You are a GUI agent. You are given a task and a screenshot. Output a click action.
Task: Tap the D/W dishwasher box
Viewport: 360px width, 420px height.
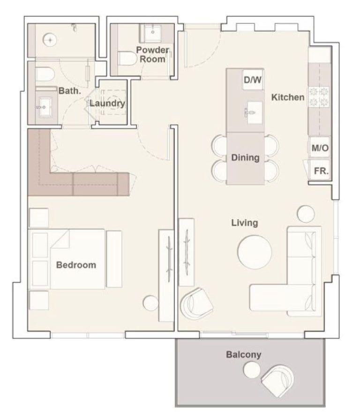coord(252,80)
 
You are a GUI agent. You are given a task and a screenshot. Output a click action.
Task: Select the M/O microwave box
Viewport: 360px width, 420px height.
coord(320,148)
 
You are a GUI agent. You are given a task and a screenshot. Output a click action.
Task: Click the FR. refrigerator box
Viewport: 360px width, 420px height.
coord(321,171)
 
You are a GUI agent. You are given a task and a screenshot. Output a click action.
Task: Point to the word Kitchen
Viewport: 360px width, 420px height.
coord(288,97)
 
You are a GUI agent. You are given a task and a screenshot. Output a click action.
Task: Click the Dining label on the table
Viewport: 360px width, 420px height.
coord(245,158)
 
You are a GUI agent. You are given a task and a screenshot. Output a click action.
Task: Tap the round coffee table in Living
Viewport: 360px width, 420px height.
coord(255,252)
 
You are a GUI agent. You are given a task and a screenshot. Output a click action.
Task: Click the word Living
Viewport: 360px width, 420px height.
coord(245,223)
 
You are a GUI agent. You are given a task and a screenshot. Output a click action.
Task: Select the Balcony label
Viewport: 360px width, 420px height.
coord(243,354)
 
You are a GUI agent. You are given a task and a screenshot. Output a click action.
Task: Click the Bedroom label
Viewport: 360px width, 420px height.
coord(76,265)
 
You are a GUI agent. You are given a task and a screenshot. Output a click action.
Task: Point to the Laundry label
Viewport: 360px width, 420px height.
coord(107,103)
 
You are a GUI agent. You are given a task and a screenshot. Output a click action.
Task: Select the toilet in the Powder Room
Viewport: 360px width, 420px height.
coord(126,58)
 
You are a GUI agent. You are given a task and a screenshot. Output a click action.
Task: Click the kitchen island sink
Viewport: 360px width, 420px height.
coord(253,112)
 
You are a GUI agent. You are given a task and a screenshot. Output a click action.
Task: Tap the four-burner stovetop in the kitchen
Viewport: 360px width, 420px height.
coord(319,96)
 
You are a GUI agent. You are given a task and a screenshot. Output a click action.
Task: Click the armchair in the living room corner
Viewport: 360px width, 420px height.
coord(196,303)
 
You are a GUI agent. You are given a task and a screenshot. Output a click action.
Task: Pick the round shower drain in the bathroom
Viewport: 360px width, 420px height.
coord(49,40)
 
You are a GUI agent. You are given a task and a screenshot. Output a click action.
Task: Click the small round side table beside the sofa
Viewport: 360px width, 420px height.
coord(306,214)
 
